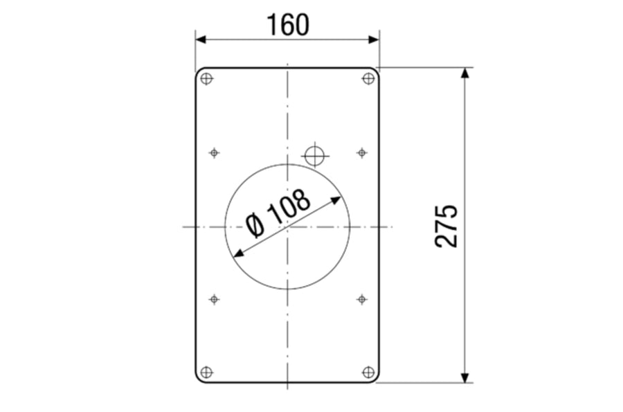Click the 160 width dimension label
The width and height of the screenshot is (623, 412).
point(288,25)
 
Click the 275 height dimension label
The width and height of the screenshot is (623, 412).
point(446,226)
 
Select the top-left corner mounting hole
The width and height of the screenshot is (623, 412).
point(206,79)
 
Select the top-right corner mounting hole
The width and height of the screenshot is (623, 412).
point(368,79)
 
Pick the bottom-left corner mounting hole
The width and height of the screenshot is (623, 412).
point(206,373)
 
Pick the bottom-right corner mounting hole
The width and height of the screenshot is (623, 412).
point(369,373)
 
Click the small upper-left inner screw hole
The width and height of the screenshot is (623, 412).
point(215,152)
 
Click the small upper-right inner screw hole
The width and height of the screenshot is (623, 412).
point(361,152)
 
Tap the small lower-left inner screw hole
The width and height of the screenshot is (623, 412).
point(215,299)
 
